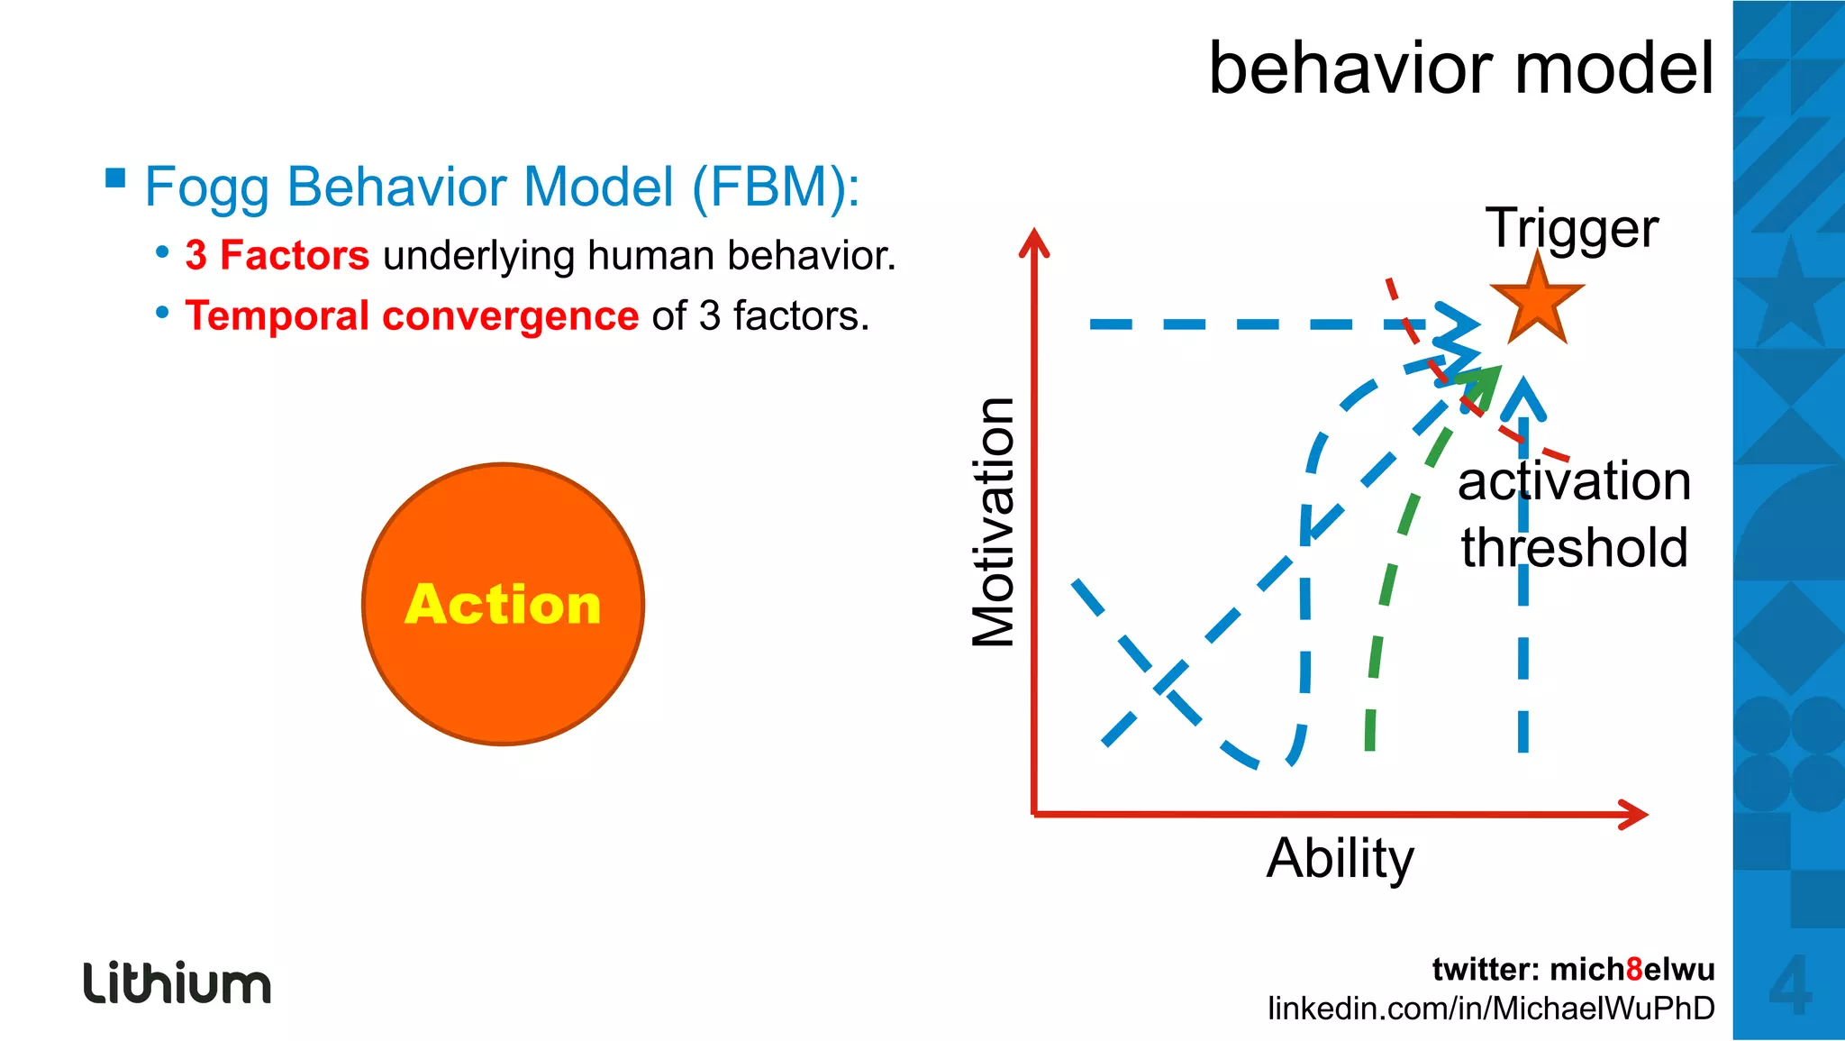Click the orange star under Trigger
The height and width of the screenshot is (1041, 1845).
click(x=1537, y=302)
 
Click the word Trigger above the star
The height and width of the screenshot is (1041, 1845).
click(x=1571, y=228)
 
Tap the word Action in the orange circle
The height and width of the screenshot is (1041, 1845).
click(x=503, y=604)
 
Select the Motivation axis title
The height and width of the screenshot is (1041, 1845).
click(x=994, y=522)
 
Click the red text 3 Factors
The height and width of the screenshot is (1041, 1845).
click(x=277, y=256)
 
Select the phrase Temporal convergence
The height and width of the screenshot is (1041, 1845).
click(x=412, y=316)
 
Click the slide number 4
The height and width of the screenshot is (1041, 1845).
click(x=1789, y=985)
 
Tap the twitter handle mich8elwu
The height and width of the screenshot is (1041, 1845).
click(x=1631, y=969)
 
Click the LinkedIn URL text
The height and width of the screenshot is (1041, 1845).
click(x=1491, y=1008)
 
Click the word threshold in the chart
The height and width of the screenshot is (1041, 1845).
click(x=1574, y=548)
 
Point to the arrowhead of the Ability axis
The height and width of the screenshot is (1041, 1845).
click(x=1634, y=814)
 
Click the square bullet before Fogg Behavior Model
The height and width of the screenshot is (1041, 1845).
click(x=115, y=177)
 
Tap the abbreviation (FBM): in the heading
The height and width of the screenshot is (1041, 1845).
click(x=776, y=187)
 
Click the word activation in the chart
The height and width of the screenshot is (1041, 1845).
click(x=1574, y=480)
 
